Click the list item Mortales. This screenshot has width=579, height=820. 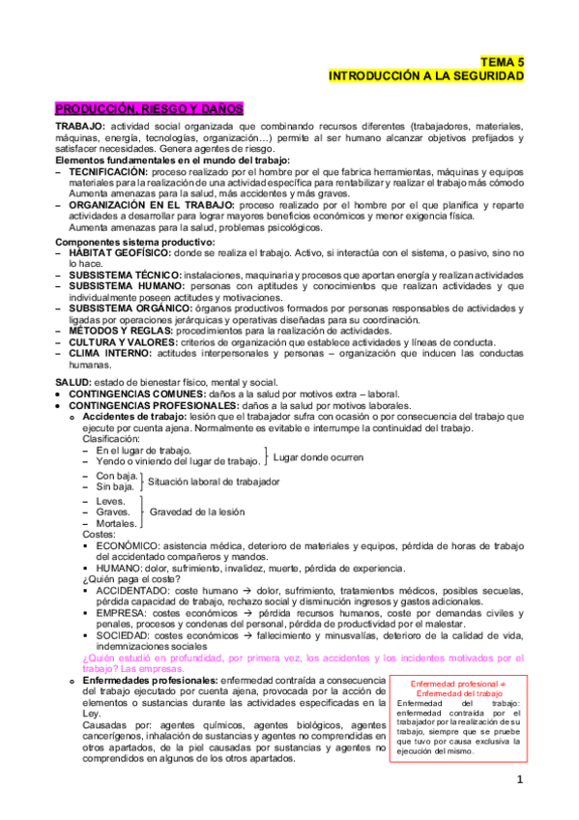[117, 523]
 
